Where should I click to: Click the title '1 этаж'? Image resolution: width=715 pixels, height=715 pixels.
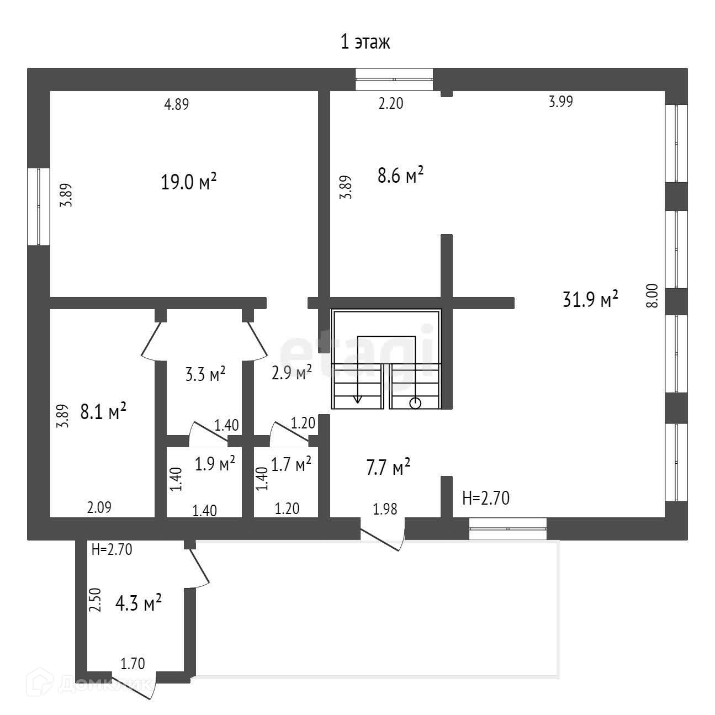pyautogui.click(x=365, y=42)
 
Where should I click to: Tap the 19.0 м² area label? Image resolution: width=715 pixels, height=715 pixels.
pyautogui.click(x=188, y=182)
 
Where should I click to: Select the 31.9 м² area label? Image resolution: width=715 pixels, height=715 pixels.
pyautogui.click(x=590, y=300)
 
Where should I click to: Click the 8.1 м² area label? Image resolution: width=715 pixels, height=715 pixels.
pyautogui.click(x=104, y=412)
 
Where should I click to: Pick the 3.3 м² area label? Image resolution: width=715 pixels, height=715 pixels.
pyautogui.click(x=204, y=375)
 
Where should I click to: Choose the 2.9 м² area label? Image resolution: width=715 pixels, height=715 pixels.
pyautogui.click(x=292, y=373)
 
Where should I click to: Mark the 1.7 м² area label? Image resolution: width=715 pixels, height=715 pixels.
pyautogui.click(x=291, y=464)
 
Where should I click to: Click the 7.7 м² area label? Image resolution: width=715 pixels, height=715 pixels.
pyautogui.click(x=388, y=468)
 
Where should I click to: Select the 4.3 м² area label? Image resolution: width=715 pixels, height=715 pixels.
pyautogui.click(x=138, y=603)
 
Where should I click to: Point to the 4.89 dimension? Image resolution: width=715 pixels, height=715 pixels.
pyautogui.click(x=177, y=104)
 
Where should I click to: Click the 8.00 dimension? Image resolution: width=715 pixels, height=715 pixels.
pyautogui.click(x=652, y=295)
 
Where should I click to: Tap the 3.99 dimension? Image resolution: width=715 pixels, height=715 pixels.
pyautogui.click(x=560, y=102)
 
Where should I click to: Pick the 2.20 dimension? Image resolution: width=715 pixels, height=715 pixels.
pyautogui.click(x=390, y=103)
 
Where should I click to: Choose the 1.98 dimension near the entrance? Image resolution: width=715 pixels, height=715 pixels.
pyautogui.click(x=385, y=509)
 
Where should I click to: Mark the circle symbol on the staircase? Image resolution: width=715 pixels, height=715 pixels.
pyautogui.click(x=415, y=403)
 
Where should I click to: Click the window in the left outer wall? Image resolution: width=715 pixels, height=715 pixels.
pyautogui.click(x=39, y=206)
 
